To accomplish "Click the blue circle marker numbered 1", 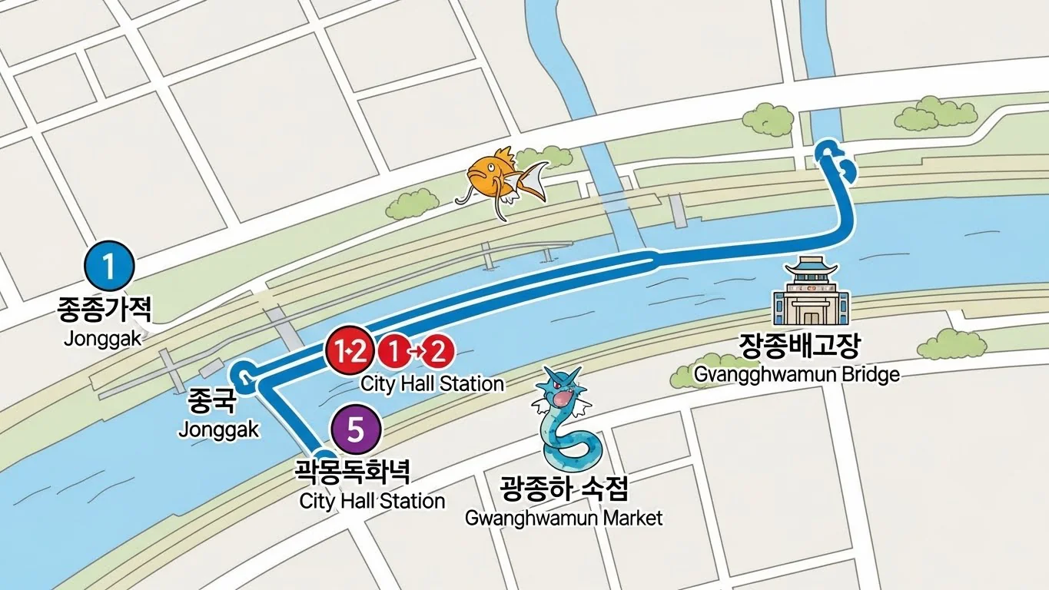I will click(x=108, y=266).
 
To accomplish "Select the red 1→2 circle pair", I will click(x=416, y=352).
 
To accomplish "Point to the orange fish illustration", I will click(x=500, y=179).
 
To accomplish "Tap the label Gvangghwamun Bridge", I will click(x=796, y=374).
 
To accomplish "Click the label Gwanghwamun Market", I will click(x=563, y=518).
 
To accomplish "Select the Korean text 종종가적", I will click(x=105, y=310).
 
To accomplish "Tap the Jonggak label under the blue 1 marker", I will click(x=103, y=338).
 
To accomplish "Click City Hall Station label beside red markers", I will click(x=432, y=383).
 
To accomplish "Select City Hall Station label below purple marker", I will click(x=372, y=502).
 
